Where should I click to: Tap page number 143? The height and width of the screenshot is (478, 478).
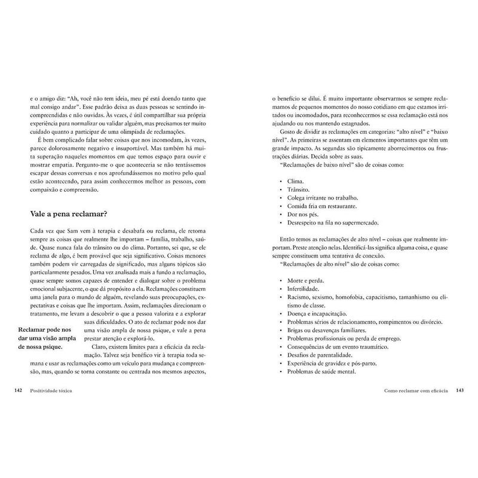click(459, 391)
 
